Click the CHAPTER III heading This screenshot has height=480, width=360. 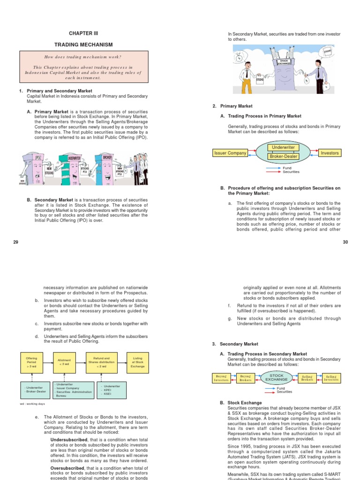tap(84, 33)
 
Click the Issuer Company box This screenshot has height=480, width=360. tap(230, 153)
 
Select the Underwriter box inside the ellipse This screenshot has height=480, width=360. tap(283, 148)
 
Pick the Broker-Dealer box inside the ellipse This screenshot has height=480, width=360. tap(283, 157)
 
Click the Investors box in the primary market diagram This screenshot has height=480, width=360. tap(330, 153)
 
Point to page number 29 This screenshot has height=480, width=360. tap(15, 241)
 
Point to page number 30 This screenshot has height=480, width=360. tap(345, 241)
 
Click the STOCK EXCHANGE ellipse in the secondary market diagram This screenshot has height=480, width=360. tap(277, 378)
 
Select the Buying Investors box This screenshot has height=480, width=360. tap(221, 378)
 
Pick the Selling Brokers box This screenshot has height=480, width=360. tap(307, 378)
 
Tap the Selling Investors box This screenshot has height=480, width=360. tap(331, 378)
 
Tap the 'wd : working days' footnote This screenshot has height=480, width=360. tap(32, 404)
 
